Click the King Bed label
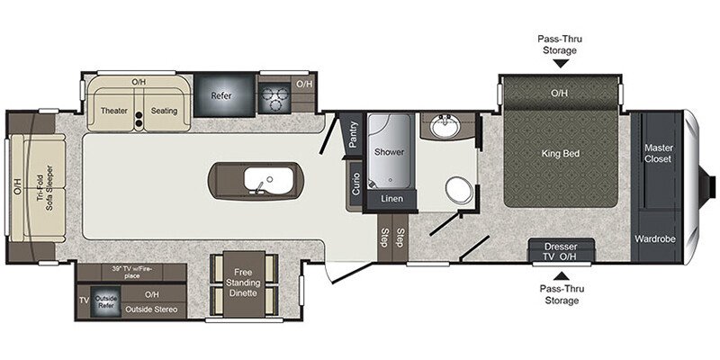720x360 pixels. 560,154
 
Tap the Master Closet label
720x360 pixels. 660,154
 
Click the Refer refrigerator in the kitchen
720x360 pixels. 221,94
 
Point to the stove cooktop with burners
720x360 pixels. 273,93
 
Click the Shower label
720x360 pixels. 389,152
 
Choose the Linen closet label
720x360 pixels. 391,198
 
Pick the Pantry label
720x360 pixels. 353,135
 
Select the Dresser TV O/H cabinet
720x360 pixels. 560,250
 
